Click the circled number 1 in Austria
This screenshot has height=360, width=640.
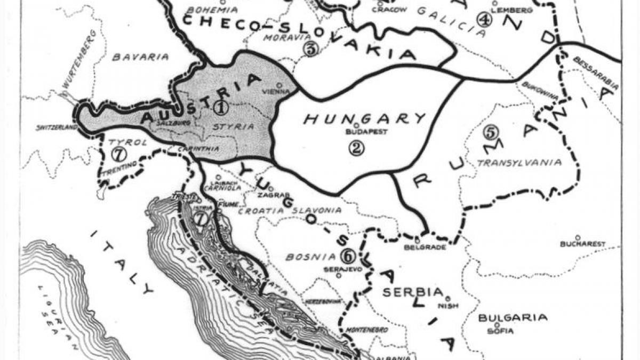220,107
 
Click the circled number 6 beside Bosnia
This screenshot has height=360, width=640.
348,256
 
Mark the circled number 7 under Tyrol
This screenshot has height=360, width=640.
119,155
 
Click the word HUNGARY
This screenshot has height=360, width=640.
365,118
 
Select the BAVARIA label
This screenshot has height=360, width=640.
140,57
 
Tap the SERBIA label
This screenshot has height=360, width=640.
412,292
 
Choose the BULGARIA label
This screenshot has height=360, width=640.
512,318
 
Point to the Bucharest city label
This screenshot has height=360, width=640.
582,244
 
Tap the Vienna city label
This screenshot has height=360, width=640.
276,92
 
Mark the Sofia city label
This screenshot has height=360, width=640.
500,331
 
